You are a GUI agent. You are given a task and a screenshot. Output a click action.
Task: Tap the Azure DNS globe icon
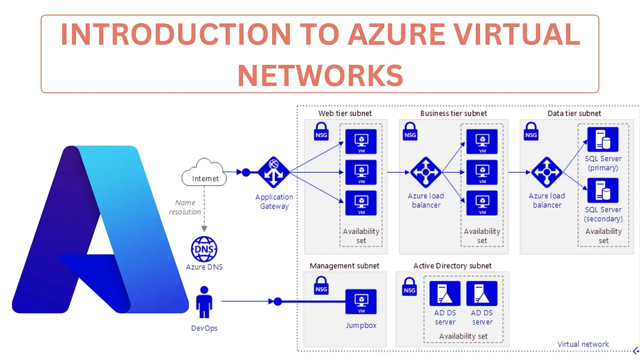click(x=204, y=249)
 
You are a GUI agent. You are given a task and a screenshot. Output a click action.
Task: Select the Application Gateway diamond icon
click(x=274, y=172)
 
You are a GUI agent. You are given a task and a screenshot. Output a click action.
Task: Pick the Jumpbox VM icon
click(x=361, y=302)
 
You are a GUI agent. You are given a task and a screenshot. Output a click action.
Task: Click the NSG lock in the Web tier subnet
click(x=321, y=131)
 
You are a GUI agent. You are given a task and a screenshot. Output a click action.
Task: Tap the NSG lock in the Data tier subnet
click(x=531, y=131)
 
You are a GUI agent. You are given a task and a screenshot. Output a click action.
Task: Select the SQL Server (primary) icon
click(x=603, y=139)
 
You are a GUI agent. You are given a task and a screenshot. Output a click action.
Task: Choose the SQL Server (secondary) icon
click(x=603, y=191)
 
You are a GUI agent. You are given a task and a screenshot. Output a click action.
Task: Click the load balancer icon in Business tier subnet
click(x=426, y=172)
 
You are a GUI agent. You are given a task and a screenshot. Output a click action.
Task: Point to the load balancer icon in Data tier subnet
click(x=547, y=172)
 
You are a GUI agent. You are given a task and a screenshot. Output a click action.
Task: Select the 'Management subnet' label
click(x=344, y=266)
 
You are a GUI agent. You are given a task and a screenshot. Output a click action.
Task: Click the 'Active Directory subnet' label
click(x=453, y=266)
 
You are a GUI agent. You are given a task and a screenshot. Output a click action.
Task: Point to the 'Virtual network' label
click(x=583, y=344)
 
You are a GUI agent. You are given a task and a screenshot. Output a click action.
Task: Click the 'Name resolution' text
click(x=185, y=207)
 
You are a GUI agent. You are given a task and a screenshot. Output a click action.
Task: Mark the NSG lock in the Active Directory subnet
click(x=410, y=286)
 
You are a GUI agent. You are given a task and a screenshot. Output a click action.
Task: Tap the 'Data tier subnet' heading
click(x=574, y=113)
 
